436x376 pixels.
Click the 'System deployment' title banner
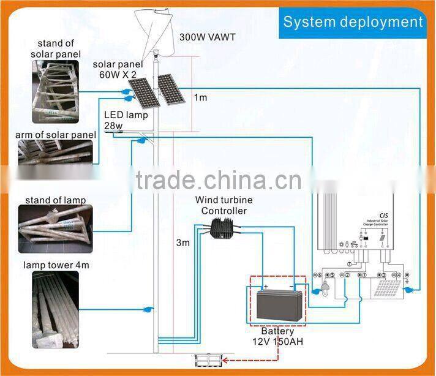(x=353, y=22)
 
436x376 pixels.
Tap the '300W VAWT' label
(x=207, y=37)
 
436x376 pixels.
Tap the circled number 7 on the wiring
(x=349, y=263)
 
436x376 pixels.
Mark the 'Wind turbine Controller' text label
(x=224, y=205)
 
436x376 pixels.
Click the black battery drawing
(x=279, y=304)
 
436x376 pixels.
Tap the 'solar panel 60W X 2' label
(x=118, y=69)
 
